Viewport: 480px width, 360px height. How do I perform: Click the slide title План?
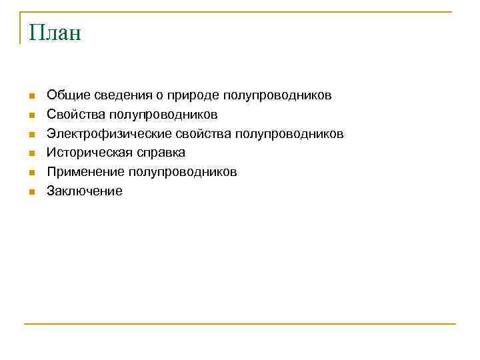coord(55,33)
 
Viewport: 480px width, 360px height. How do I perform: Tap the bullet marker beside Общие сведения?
coord(31,97)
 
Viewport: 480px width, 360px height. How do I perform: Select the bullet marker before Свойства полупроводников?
coord(31,115)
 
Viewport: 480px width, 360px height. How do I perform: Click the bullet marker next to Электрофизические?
coord(31,135)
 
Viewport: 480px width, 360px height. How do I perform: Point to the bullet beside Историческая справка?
coord(31,154)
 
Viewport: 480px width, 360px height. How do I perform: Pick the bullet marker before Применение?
coord(31,173)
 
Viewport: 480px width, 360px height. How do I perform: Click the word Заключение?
coord(85,191)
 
